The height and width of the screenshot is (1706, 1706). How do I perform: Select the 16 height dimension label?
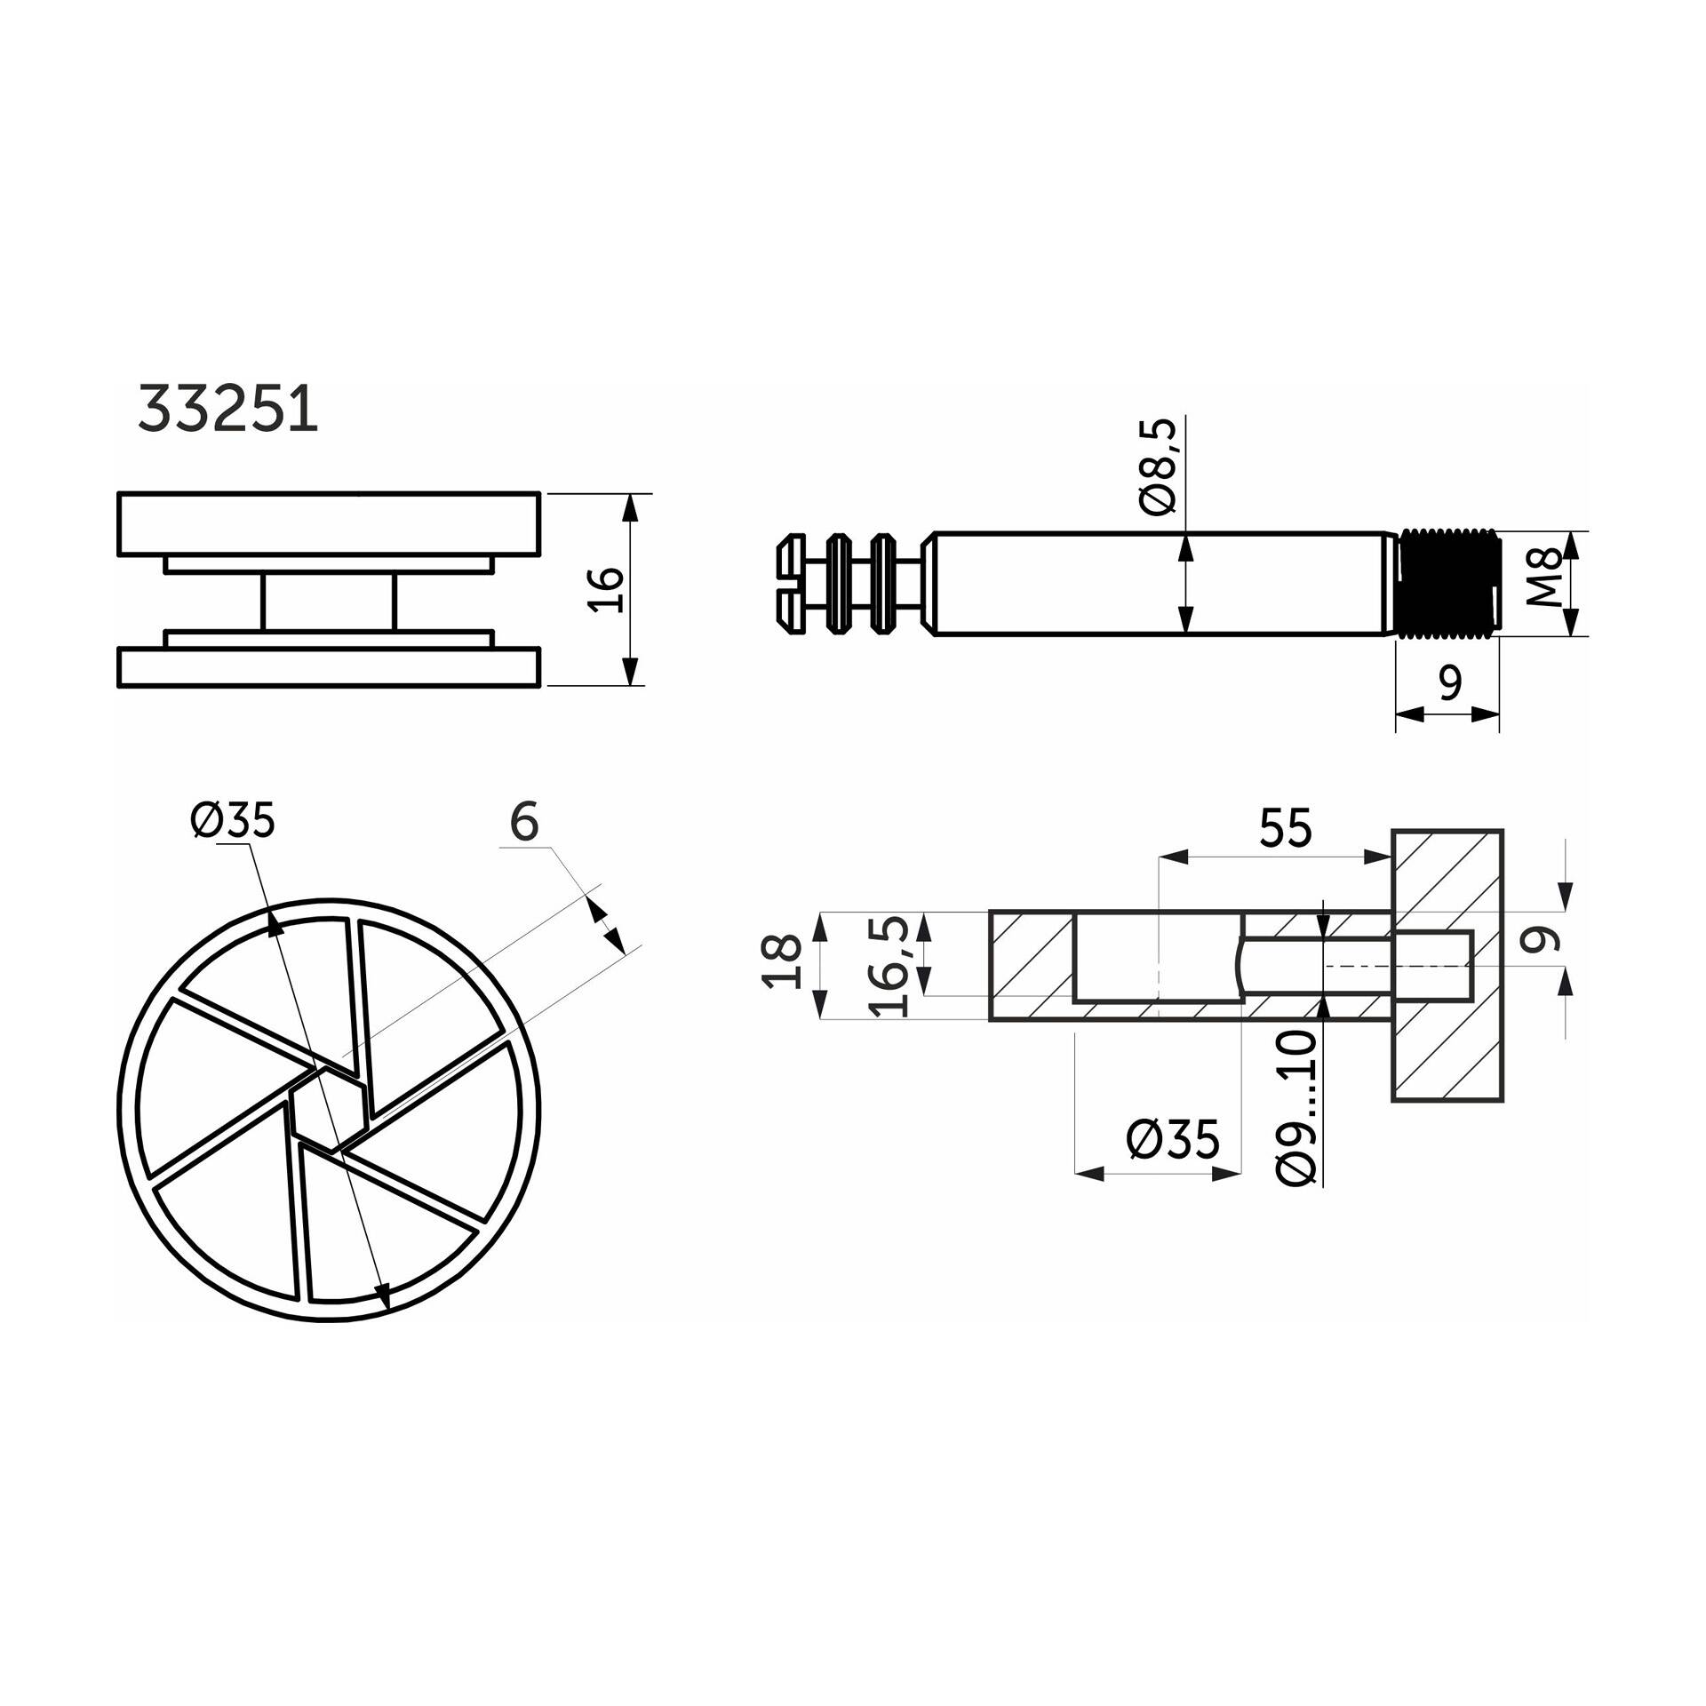click(x=607, y=588)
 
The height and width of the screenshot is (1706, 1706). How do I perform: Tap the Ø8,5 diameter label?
click(x=1158, y=466)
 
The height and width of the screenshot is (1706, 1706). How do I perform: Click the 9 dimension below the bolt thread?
click(x=1449, y=683)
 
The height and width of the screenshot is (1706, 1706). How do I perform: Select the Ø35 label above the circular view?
click(x=233, y=819)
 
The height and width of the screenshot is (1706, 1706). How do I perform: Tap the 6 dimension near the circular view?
click(x=524, y=821)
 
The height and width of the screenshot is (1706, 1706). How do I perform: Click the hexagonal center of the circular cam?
click(x=329, y=1110)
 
